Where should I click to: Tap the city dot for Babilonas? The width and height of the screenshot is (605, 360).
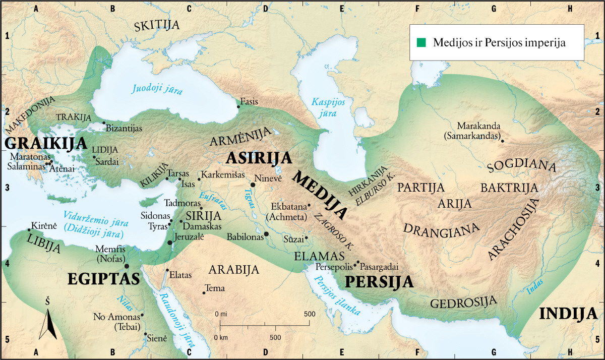pos(266,234)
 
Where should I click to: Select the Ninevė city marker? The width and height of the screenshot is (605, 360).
pos(253,185)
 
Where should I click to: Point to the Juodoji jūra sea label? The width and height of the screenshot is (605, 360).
pos(157,89)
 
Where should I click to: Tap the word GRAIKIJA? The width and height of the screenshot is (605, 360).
pos(46,143)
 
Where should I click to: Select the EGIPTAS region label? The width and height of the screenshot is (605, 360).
pos(103,279)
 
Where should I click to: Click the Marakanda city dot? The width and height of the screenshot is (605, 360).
pos(502,135)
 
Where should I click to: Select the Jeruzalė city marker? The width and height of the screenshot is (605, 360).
pos(170,243)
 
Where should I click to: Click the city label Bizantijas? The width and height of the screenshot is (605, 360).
pos(124,128)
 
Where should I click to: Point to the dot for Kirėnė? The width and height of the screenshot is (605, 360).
pos(29,230)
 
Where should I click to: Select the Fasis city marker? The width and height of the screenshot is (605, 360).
pos(238,106)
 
